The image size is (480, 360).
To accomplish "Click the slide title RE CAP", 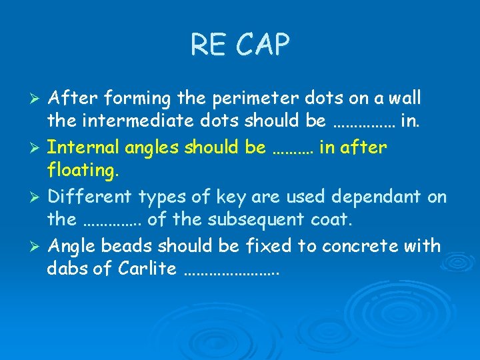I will coord(240,45).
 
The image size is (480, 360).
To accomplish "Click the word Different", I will coord(91,197).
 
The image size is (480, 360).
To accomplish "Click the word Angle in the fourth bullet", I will coord(73,246).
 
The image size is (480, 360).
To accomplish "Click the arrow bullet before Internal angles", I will coord(38,147).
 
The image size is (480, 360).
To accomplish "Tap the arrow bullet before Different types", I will coord(38,197).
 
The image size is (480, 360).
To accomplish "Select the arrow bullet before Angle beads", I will coord(38,246).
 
